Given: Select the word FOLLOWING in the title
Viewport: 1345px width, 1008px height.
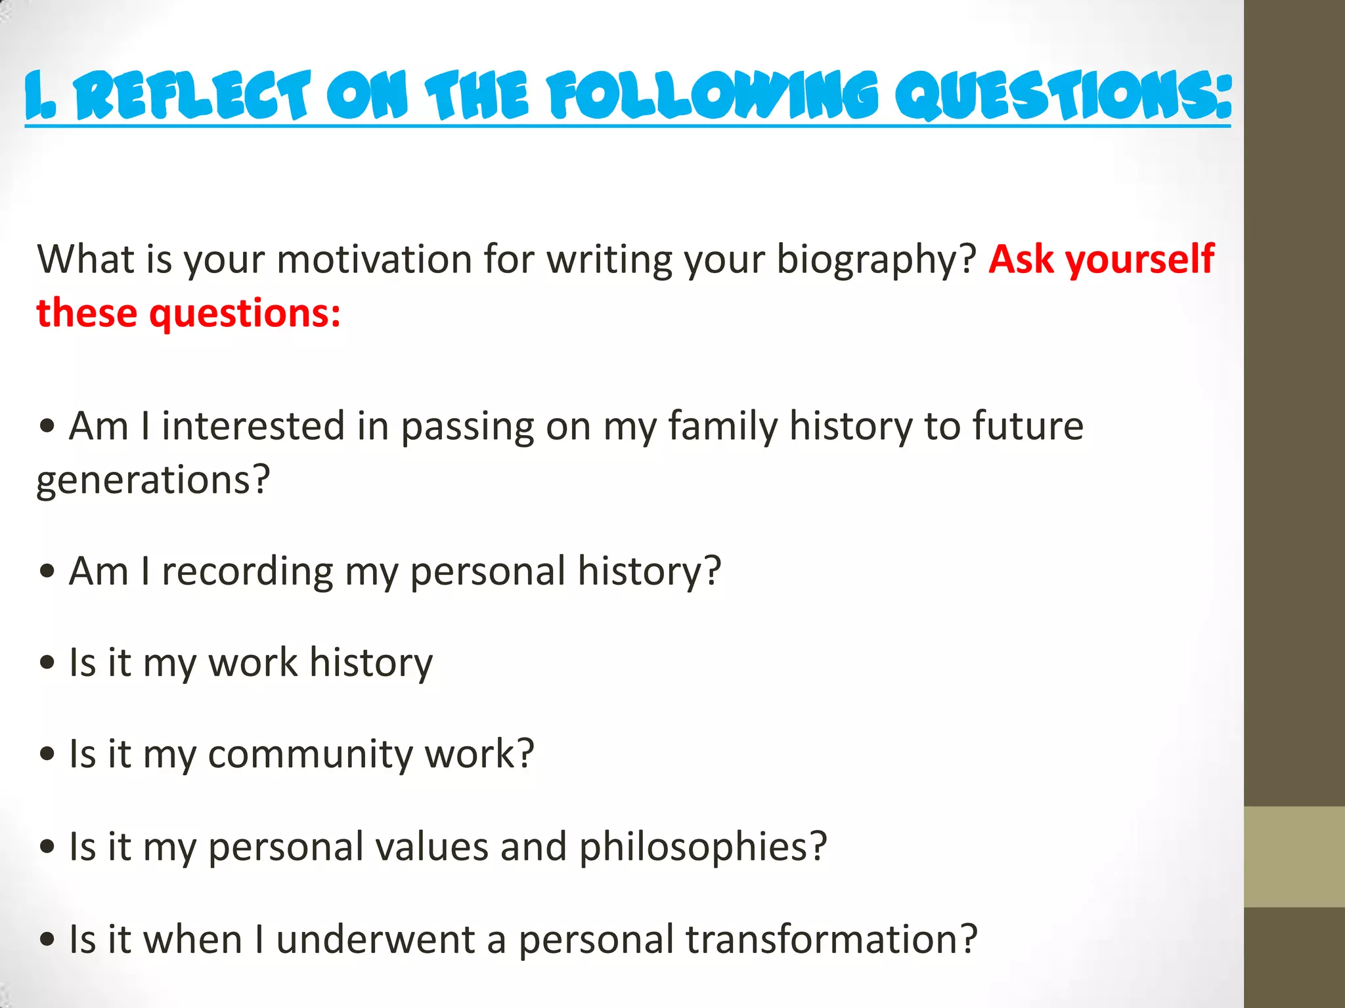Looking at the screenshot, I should [713, 97].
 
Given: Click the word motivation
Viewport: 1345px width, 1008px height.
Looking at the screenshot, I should [374, 259].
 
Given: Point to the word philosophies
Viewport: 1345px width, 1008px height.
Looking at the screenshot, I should [703, 847].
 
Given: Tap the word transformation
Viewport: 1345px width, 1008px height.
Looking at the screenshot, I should [831, 939].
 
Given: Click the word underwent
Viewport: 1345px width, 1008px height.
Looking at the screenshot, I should [375, 939].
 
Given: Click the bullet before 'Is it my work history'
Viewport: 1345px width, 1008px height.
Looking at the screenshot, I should [47, 663].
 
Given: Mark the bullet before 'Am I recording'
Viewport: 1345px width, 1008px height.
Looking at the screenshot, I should [47, 572].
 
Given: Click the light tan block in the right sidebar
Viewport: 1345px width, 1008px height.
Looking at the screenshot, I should [1294, 856].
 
